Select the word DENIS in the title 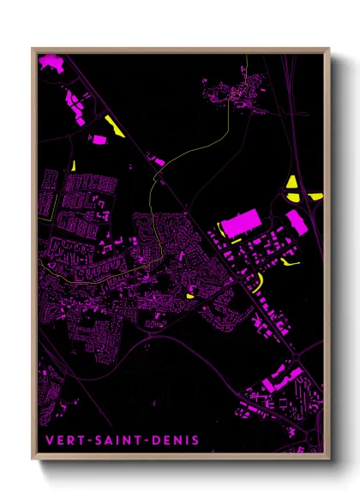pos(174,441)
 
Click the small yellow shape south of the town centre pos(190,296)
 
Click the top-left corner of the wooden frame pos(33,49)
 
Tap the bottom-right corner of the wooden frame pos(328,459)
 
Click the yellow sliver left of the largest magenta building pos(221,230)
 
